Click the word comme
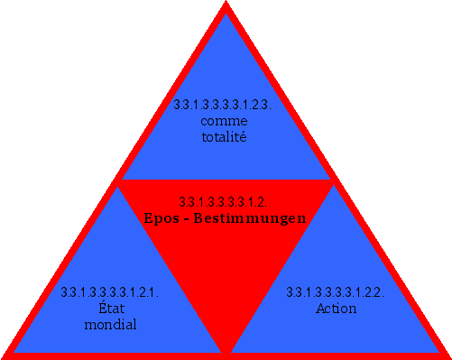[x=225, y=121]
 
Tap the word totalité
[x=225, y=137]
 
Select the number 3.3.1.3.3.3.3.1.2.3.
[x=225, y=105]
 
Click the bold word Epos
[x=163, y=218]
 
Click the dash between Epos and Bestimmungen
[x=189, y=219]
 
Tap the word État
[x=110, y=309]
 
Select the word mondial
[x=110, y=325]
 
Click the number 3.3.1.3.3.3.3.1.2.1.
[x=110, y=292]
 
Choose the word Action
[x=336, y=309]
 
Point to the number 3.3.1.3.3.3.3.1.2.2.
[x=336, y=292]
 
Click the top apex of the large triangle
[x=226, y=4]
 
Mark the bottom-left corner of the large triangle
[x=5, y=355]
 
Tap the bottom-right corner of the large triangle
[x=447, y=355]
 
